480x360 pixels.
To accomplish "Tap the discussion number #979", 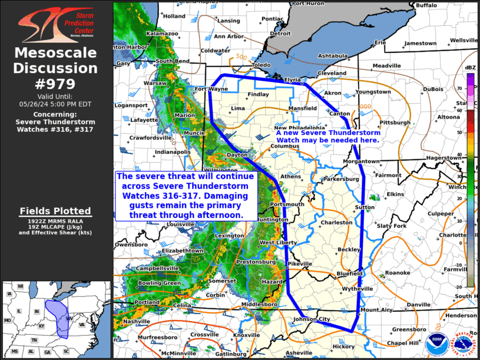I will [x=56, y=84].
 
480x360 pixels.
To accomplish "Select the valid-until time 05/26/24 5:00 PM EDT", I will [x=56, y=104].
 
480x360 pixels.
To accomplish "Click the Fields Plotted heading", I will [x=55, y=211].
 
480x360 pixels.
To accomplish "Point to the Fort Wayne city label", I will [x=211, y=90].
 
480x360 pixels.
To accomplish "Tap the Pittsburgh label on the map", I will [x=395, y=123].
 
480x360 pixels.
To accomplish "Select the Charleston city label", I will [x=336, y=223].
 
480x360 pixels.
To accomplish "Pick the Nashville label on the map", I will [x=137, y=321].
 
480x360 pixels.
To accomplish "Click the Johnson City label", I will [x=312, y=320].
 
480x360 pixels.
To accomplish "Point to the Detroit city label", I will [x=280, y=34].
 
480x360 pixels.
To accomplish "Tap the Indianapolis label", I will [x=173, y=151].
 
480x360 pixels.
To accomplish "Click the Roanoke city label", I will [x=398, y=273].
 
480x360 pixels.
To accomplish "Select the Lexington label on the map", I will [x=230, y=236].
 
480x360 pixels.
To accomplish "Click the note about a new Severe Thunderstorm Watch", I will [x=327, y=137].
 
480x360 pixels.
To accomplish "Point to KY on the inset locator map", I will [x=42, y=325].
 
